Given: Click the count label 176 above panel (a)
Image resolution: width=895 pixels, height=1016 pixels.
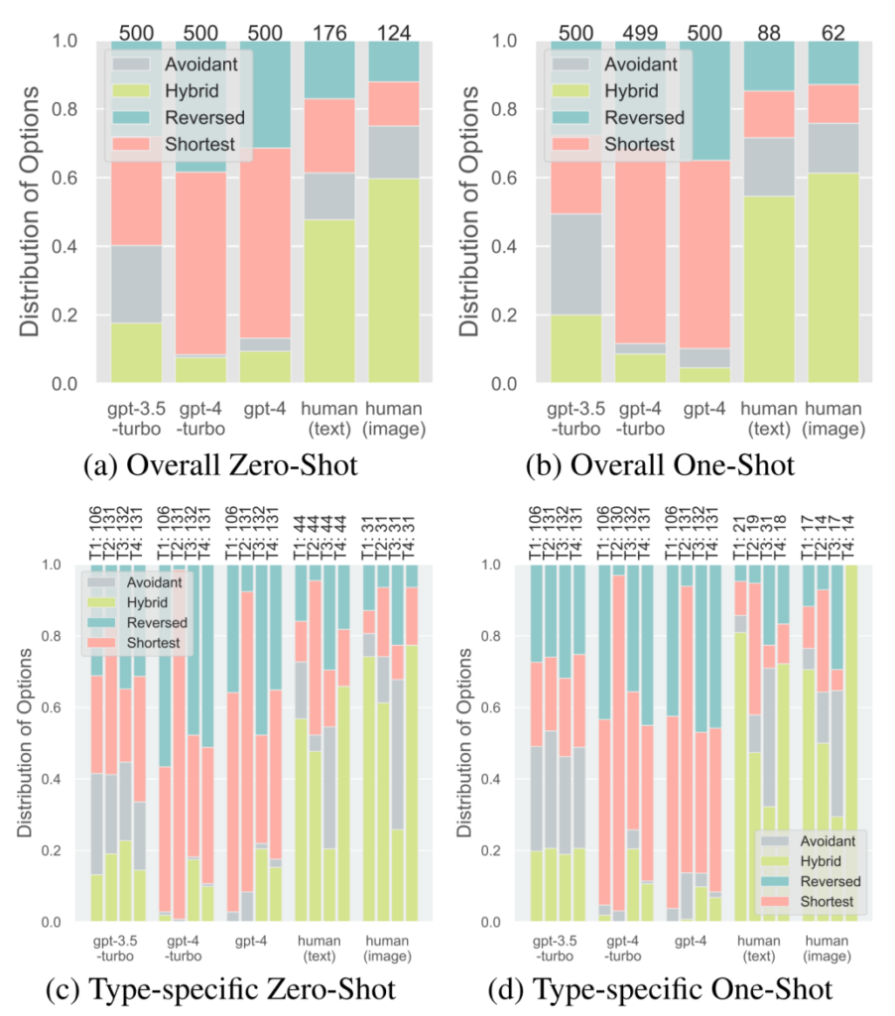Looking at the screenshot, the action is click(x=329, y=33).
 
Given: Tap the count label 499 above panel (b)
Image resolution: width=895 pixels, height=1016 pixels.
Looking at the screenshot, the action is click(x=640, y=33).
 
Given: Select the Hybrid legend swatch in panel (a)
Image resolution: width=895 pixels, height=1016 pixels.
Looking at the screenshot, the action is click(x=131, y=90).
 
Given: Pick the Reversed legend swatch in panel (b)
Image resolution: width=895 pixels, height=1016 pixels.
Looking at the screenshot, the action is click(x=571, y=117).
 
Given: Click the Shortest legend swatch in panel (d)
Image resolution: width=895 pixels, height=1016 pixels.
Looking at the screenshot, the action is click(x=775, y=901).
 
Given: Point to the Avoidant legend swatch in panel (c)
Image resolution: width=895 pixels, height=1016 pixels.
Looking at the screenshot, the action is click(x=101, y=582).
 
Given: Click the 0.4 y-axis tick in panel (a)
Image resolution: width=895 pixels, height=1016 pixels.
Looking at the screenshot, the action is click(x=64, y=246).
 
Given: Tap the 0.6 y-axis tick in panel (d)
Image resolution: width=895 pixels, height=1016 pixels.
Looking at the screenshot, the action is click(x=491, y=707).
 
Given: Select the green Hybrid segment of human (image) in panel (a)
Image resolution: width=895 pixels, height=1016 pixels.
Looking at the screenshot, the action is click(x=394, y=280).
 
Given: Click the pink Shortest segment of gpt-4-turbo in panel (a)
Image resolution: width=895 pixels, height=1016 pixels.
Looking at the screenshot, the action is click(x=200, y=263).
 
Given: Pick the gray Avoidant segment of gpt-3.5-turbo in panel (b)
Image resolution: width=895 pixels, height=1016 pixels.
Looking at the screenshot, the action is click(x=576, y=264).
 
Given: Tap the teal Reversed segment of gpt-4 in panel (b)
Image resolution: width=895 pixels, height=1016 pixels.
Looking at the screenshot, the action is click(x=704, y=100).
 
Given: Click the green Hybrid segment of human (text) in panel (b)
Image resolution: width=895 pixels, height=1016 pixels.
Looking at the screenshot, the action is click(x=769, y=289).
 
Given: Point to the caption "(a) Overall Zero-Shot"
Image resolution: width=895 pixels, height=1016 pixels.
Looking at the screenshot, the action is click(x=220, y=465).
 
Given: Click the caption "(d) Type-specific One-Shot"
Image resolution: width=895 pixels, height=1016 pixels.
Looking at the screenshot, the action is click(x=660, y=990).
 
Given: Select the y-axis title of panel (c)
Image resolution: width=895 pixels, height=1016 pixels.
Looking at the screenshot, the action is click(x=25, y=742).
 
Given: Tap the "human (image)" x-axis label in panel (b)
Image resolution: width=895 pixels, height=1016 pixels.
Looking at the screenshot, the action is click(x=833, y=419).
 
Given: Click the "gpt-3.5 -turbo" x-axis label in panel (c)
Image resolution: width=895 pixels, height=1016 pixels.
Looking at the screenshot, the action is click(x=115, y=948).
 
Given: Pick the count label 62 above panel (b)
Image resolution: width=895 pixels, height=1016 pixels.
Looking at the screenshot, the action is click(x=833, y=33).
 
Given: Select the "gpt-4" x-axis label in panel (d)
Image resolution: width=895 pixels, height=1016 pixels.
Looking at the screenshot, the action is click(x=691, y=941).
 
